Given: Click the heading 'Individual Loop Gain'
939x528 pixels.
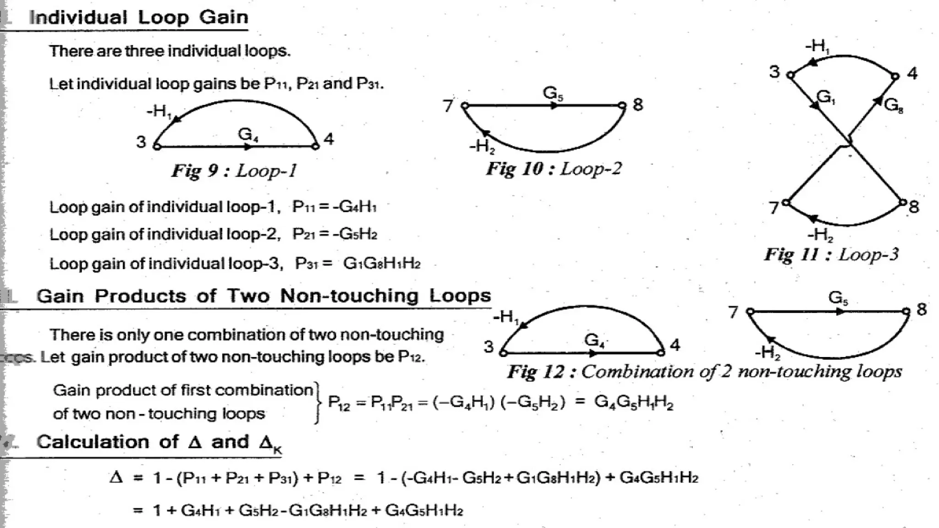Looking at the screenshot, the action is pos(138,17).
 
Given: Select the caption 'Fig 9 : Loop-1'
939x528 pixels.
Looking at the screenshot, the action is pos(234,171).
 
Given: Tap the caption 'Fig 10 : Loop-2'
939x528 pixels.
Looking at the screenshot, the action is pos(554,169).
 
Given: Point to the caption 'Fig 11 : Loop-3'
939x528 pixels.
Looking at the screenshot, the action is pos(831,254).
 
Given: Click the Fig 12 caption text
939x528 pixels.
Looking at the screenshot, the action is pos(704,372).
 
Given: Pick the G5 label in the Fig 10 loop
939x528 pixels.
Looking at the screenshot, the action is pos(553,93).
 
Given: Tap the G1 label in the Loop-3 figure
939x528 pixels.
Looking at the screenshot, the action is pos(826,97).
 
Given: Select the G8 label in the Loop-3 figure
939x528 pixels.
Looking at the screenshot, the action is pos(893,106).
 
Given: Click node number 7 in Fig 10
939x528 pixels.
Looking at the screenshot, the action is pos(448,106).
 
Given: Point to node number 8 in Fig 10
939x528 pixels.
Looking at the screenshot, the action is pos(638,105).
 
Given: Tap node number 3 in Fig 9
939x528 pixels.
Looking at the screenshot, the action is pos(141,142).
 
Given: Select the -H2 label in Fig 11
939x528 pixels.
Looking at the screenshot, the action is pos(820,235).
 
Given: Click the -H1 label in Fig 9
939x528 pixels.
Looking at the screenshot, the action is pos(159,111).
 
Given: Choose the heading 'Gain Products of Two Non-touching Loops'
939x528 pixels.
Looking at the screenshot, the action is pos(264,296).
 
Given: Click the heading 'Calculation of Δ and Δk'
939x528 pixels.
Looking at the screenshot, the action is pos(159,443).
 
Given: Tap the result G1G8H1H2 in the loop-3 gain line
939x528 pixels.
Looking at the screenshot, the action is pos(381,264).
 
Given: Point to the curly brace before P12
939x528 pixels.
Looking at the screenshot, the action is pos(317,402).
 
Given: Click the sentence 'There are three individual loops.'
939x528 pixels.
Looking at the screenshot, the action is pos(170,51).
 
